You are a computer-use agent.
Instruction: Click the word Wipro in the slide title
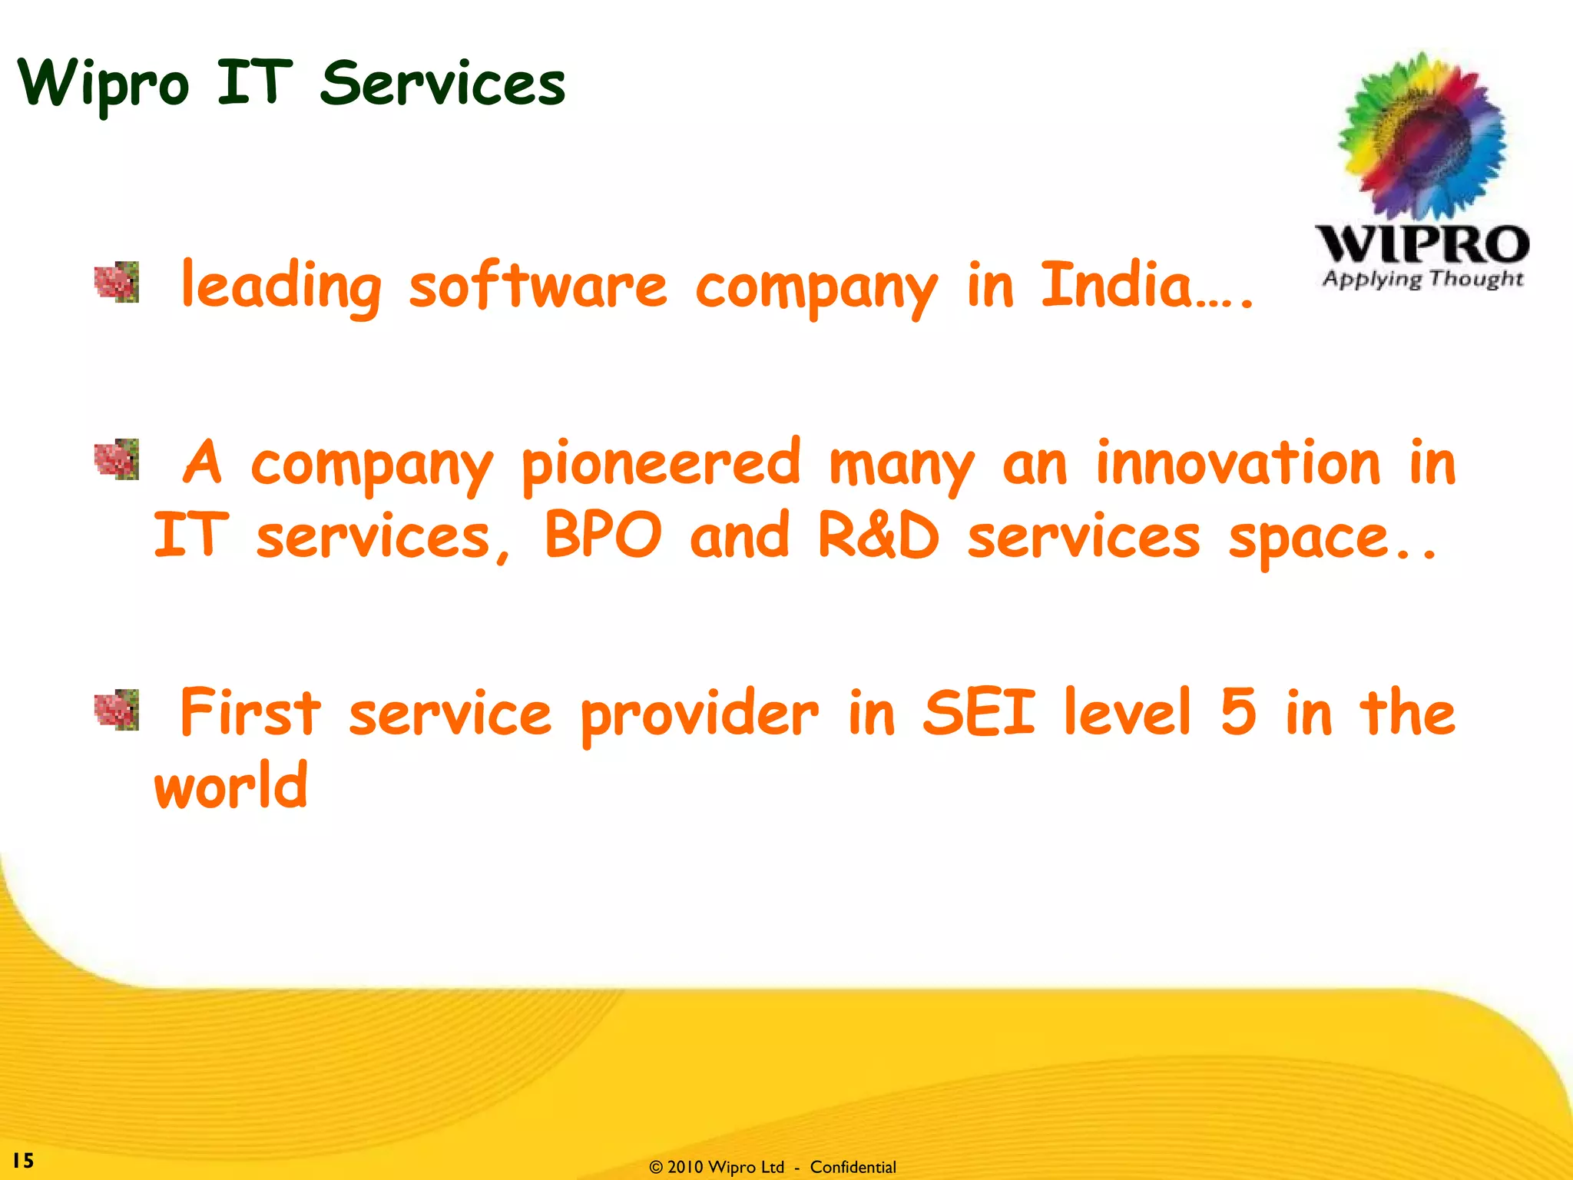pos(103,85)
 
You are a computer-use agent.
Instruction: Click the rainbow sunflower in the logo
pos(1421,137)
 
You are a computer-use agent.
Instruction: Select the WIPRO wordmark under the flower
pos(1422,244)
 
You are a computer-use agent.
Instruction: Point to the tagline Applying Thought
pos(1422,278)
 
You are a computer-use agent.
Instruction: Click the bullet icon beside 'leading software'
pos(117,282)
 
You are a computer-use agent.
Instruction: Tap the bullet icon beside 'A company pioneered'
pos(117,459)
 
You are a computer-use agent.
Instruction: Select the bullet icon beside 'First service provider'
pos(117,710)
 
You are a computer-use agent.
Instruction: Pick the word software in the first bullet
pos(538,287)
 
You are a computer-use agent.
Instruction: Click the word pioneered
pos(661,464)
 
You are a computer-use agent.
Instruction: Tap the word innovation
pos(1237,462)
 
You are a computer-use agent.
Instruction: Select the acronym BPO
pos(602,535)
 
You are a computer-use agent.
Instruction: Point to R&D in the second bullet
pos(878,535)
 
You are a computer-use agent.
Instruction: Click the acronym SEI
pos(979,712)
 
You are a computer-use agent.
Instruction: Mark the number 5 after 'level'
pos(1237,712)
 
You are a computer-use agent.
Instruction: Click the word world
pos(231,785)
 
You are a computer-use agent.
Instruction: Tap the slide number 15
pos(23,1160)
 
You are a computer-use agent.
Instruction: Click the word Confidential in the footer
pos(853,1167)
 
